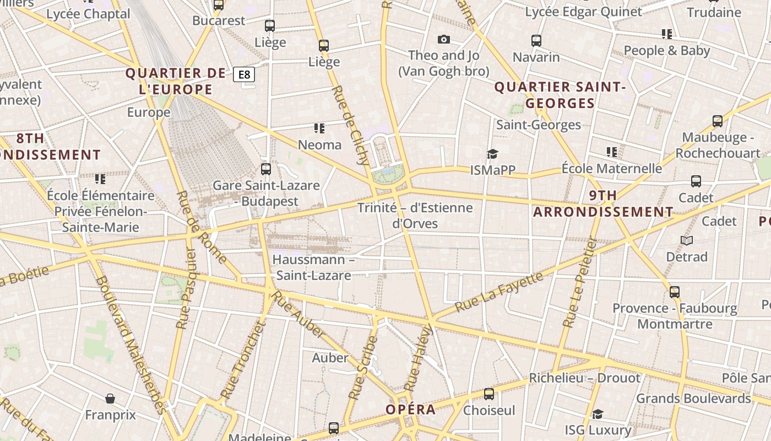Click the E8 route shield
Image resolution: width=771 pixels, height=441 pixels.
pos(244,74)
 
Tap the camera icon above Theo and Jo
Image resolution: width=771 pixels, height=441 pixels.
pos(443,39)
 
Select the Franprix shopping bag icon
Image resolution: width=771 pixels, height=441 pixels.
pos(110,399)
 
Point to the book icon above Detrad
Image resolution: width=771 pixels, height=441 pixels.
pos(686,240)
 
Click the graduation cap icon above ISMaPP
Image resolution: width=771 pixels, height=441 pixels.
pos(492,154)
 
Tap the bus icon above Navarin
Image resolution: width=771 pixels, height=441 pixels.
pos(536,40)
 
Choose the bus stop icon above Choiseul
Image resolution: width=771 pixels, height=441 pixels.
pos(488,394)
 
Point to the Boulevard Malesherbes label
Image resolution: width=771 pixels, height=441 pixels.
pos(130,345)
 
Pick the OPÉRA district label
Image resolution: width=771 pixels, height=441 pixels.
pos(410,410)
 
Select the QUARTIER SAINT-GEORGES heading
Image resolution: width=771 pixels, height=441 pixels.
pos(560,95)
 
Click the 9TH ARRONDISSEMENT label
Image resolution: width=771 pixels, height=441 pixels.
pos(603,204)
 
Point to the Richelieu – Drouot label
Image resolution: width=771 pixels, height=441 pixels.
pos(585,378)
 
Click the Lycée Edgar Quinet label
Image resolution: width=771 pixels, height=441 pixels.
pos(583,12)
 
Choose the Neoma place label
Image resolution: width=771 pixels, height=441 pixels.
pos(319,145)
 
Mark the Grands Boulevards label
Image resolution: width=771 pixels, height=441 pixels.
pos(693,398)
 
